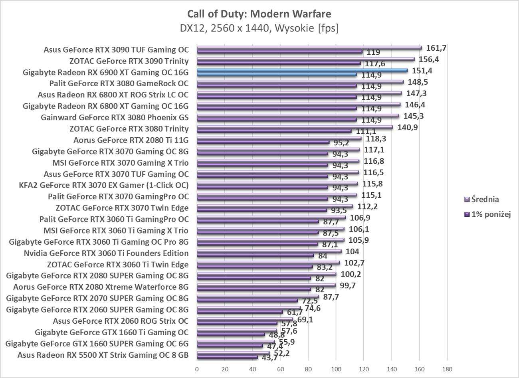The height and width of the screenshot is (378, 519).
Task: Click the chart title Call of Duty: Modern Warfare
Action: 259,14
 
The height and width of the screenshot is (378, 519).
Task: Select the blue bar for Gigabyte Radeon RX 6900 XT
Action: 302,70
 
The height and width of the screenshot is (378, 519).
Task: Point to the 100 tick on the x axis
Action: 336,368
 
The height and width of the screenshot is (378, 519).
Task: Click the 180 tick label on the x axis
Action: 447,368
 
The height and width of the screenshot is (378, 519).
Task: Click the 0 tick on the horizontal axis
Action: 197,368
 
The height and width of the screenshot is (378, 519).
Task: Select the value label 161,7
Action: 436,48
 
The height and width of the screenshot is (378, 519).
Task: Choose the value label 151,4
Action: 422,71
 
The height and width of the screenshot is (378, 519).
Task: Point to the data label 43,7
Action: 269,358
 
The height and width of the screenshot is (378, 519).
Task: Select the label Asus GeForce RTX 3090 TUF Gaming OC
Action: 116,50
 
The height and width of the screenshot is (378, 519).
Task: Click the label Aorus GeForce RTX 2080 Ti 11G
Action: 131,140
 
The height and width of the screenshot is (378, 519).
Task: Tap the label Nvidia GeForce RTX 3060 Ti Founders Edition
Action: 106,253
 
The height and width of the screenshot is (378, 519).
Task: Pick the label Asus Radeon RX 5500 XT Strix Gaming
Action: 103,355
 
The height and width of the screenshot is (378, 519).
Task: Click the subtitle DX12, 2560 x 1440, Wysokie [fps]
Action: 259,28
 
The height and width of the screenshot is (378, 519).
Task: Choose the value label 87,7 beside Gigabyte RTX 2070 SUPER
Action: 331,297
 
